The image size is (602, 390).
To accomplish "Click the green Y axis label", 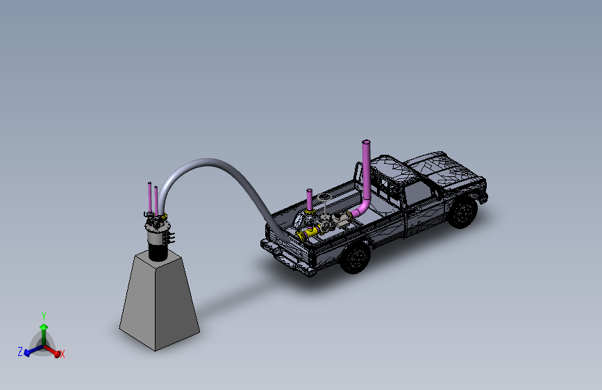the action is (x=44, y=316).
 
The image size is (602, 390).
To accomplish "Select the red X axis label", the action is (x=62, y=354).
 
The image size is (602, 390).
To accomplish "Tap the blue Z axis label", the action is (x=20, y=351).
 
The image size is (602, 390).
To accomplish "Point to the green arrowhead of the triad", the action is (x=44, y=327).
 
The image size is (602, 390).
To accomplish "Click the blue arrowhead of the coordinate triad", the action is (x=27, y=353).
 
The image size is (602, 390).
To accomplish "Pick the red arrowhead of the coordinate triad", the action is (x=57, y=353).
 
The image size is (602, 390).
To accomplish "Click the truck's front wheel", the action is (x=464, y=212).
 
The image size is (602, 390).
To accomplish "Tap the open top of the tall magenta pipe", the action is (x=366, y=142).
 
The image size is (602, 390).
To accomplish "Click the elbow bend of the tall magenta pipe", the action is (x=363, y=208).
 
